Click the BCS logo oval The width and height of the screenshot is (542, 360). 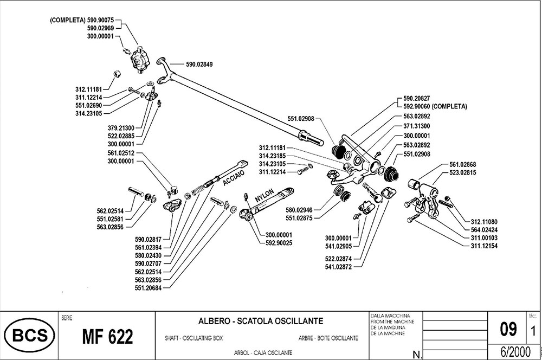pyautogui.click(x=29, y=335)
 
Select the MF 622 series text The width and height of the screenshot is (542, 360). pyautogui.click(x=107, y=337)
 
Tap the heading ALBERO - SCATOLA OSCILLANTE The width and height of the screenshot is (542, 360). pyautogui.click(x=261, y=321)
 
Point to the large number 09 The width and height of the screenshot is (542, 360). pyautogui.click(x=508, y=329)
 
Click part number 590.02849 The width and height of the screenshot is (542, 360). pyautogui.click(x=199, y=65)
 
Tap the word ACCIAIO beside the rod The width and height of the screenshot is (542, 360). pyautogui.click(x=234, y=177)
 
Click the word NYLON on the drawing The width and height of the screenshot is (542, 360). pyautogui.click(x=264, y=195)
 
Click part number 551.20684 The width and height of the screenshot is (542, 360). pyautogui.click(x=148, y=288)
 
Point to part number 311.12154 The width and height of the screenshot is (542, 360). pyautogui.click(x=484, y=246)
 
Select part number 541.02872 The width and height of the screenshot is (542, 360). pyautogui.click(x=338, y=267)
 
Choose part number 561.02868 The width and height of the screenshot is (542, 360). pyautogui.click(x=462, y=165)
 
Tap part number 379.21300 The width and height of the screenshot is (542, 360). pyautogui.click(x=121, y=128)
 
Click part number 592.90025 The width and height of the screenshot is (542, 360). pyautogui.click(x=279, y=243)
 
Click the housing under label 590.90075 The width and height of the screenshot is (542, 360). pyautogui.click(x=140, y=60)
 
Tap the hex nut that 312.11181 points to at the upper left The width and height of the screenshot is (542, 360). pyautogui.click(x=117, y=74)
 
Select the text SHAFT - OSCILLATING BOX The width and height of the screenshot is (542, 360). pyautogui.click(x=193, y=338)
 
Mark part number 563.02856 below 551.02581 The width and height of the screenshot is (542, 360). pyautogui.click(x=110, y=227)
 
